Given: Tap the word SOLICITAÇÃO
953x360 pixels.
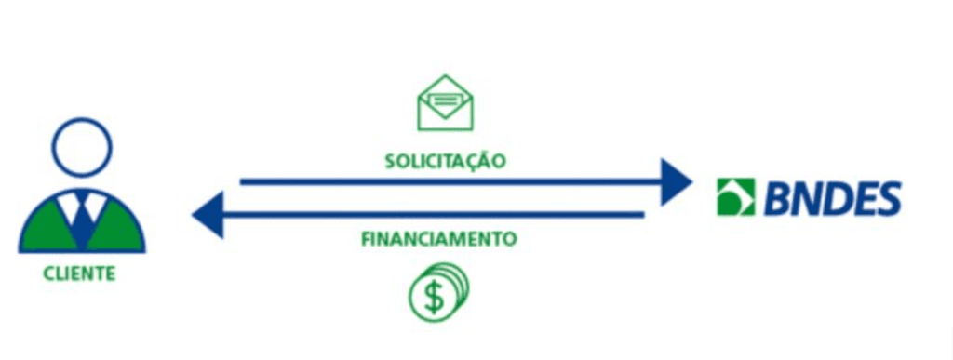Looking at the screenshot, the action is pos(445,161).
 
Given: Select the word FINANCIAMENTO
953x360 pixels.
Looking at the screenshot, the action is pos(438,239).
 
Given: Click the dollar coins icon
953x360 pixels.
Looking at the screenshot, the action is pos(438,293).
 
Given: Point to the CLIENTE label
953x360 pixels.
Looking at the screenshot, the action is pos(79,273).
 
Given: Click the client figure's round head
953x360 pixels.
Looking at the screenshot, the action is pos(82,149).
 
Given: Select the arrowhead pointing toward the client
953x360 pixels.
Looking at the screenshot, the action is pos(208,215).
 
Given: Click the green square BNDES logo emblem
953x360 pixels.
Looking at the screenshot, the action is pos(735,197).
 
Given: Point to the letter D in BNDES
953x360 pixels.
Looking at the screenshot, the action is pos(831,198).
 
